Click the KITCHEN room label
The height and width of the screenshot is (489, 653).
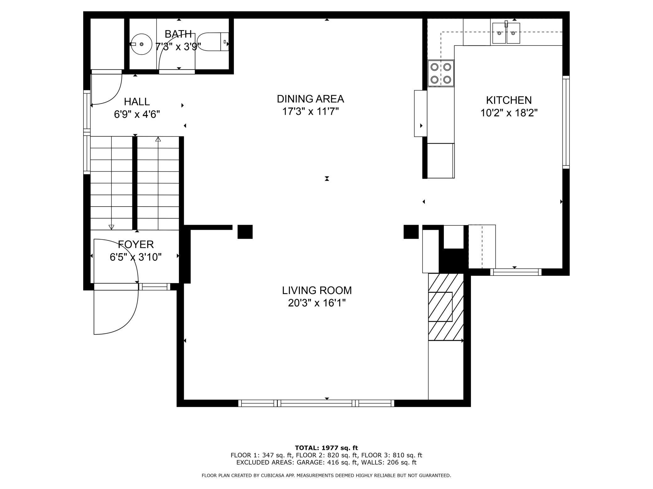(x=509, y=100)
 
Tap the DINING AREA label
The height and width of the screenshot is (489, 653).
(x=310, y=99)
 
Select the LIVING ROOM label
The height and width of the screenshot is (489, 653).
(x=317, y=291)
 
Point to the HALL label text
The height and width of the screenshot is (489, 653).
(x=137, y=102)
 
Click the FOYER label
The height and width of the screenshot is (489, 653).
(x=136, y=244)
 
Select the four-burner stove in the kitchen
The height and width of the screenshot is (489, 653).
(x=441, y=73)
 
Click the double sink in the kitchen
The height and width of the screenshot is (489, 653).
(x=506, y=33)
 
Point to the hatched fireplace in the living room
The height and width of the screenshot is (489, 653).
(x=446, y=307)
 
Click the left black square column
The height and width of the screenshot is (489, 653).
(x=245, y=232)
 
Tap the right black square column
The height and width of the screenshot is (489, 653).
(x=411, y=232)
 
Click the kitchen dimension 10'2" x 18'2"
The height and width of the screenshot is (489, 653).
(x=509, y=113)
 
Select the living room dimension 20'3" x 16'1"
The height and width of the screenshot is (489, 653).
(x=317, y=303)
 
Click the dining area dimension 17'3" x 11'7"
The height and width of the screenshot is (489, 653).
(x=310, y=112)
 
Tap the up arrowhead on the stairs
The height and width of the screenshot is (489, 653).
(x=158, y=139)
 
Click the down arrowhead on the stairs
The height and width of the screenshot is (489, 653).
(x=111, y=227)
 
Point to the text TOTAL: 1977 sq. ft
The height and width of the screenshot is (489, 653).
(x=326, y=448)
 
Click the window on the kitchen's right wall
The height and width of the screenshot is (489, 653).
(x=566, y=122)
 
